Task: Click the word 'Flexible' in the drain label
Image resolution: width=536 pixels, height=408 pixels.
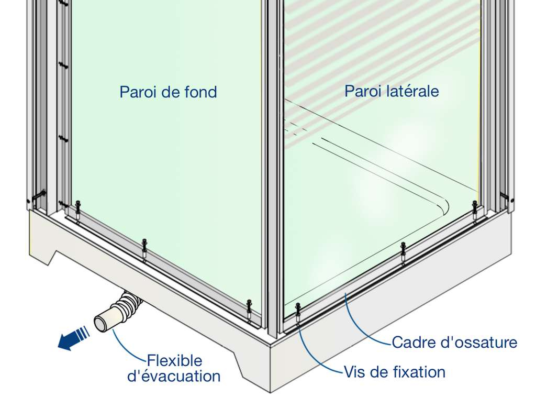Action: pyautogui.click(x=175, y=360)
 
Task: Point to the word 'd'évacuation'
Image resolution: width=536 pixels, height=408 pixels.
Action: pyautogui.click(x=174, y=376)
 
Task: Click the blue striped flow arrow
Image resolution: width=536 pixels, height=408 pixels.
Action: pyautogui.click(x=73, y=338)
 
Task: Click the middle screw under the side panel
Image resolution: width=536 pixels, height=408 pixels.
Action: pyautogui.click(x=404, y=253)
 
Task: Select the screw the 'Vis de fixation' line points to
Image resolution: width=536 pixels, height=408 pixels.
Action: pyautogui.click(x=298, y=313)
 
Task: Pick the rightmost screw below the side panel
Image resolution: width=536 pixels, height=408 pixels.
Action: pyautogui.click(x=474, y=212)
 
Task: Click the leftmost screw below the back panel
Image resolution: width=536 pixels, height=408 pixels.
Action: pyautogui.click(x=78, y=211)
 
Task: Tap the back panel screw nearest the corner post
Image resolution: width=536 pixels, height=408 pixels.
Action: pyautogui.click(x=249, y=310)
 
